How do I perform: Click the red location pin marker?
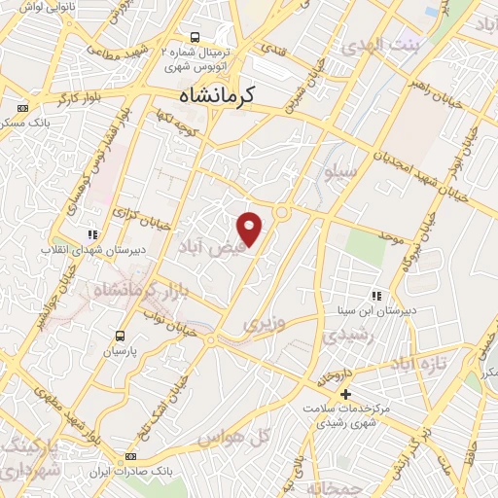click(x=251, y=228)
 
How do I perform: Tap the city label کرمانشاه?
click(x=216, y=95)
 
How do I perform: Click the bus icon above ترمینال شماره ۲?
click(x=196, y=38)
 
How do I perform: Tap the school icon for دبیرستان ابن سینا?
click(x=374, y=297)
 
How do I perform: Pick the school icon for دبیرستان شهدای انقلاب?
click(x=92, y=234)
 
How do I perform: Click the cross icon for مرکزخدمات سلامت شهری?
click(x=345, y=394)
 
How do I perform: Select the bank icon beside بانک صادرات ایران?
click(x=131, y=456)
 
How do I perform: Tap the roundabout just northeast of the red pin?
click(x=282, y=212)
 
